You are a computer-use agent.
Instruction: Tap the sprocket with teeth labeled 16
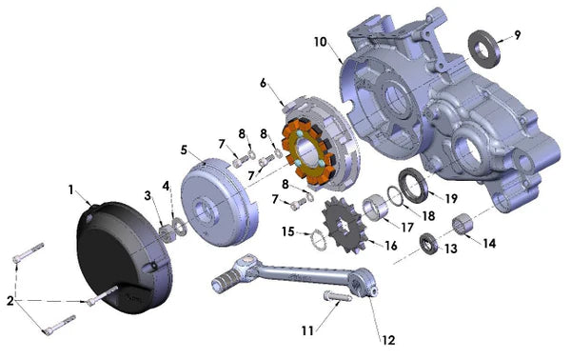pyautogui.click(x=344, y=226)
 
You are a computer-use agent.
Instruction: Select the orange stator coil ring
pyautogui.click(x=308, y=151)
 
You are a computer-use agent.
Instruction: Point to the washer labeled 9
pyautogui.click(x=484, y=49)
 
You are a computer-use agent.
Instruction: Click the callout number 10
pyautogui.click(x=321, y=42)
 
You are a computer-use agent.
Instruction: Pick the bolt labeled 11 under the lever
pyautogui.click(x=337, y=296)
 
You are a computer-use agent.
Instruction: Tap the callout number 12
pyautogui.click(x=388, y=340)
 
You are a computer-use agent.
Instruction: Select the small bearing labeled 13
pyautogui.click(x=430, y=244)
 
